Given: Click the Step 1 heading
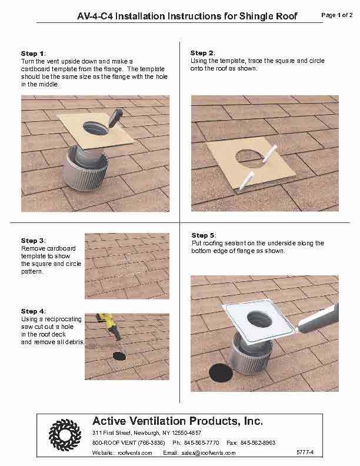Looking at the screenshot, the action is pyautogui.click(x=33, y=54).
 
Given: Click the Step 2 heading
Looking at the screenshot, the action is pyautogui.click(x=202, y=53).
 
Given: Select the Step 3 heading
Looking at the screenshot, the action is pyautogui.click(x=33, y=241).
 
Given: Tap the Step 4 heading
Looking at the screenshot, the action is pyautogui.click(x=33, y=311).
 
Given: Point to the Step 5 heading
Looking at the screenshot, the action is pyautogui.click(x=204, y=235).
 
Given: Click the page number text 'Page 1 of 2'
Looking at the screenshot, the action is pyautogui.click(x=337, y=15).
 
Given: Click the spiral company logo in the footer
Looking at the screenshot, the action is pyautogui.click(x=65, y=434).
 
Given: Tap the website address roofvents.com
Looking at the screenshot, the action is pyautogui.click(x=135, y=453).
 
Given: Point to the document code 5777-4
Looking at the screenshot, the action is pyautogui.click(x=305, y=452).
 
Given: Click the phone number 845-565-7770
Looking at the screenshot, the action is pyautogui.click(x=201, y=443).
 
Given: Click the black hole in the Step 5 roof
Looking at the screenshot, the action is pyautogui.click(x=221, y=373).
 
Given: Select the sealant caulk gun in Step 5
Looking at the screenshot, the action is pyautogui.click(x=318, y=319).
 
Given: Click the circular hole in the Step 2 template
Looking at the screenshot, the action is pyautogui.click(x=249, y=157).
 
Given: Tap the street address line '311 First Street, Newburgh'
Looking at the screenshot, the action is pyautogui.click(x=127, y=432).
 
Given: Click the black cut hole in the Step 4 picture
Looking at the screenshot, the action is pyautogui.click(x=119, y=356).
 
